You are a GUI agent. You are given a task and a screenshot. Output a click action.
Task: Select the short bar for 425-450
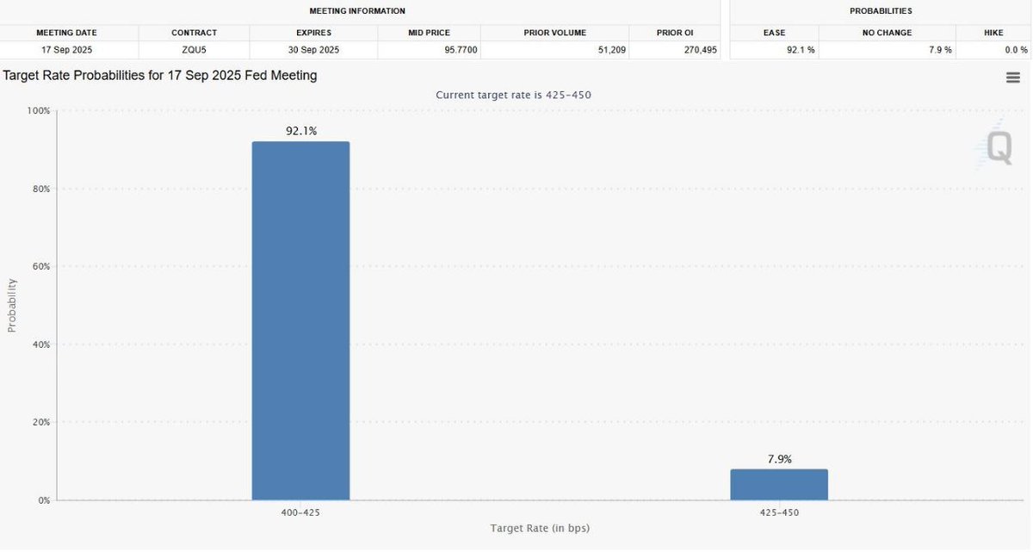[779, 484]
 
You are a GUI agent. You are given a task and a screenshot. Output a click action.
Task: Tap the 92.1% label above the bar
[301, 131]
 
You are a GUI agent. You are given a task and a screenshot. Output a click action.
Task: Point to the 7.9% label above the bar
[779, 459]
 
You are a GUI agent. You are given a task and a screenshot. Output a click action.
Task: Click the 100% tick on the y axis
[40, 111]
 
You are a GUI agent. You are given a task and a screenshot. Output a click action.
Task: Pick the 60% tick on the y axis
[41, 267]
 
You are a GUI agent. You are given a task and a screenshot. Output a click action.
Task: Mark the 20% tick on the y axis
[41, 423]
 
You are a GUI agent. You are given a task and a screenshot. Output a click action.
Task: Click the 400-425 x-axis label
[300, 512]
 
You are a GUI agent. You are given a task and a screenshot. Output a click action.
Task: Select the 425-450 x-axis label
[779, 512]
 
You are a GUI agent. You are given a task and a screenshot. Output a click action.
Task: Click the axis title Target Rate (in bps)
[540, 528]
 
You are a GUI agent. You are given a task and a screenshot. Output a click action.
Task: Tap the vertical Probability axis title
[12, 306]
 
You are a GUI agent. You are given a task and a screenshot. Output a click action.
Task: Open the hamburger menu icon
[1013, 78]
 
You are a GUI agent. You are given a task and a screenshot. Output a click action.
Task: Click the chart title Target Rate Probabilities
[160, 76]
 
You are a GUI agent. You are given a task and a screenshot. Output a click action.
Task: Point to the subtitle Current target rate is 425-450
[513, 95]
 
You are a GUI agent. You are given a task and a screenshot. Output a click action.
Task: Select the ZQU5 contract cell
[193, 50]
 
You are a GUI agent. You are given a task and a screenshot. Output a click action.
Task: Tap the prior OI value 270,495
[693, 50]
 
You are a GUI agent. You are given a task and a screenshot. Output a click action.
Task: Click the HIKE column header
[993, 33]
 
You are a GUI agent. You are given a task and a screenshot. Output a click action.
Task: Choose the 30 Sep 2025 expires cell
[313, 50]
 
